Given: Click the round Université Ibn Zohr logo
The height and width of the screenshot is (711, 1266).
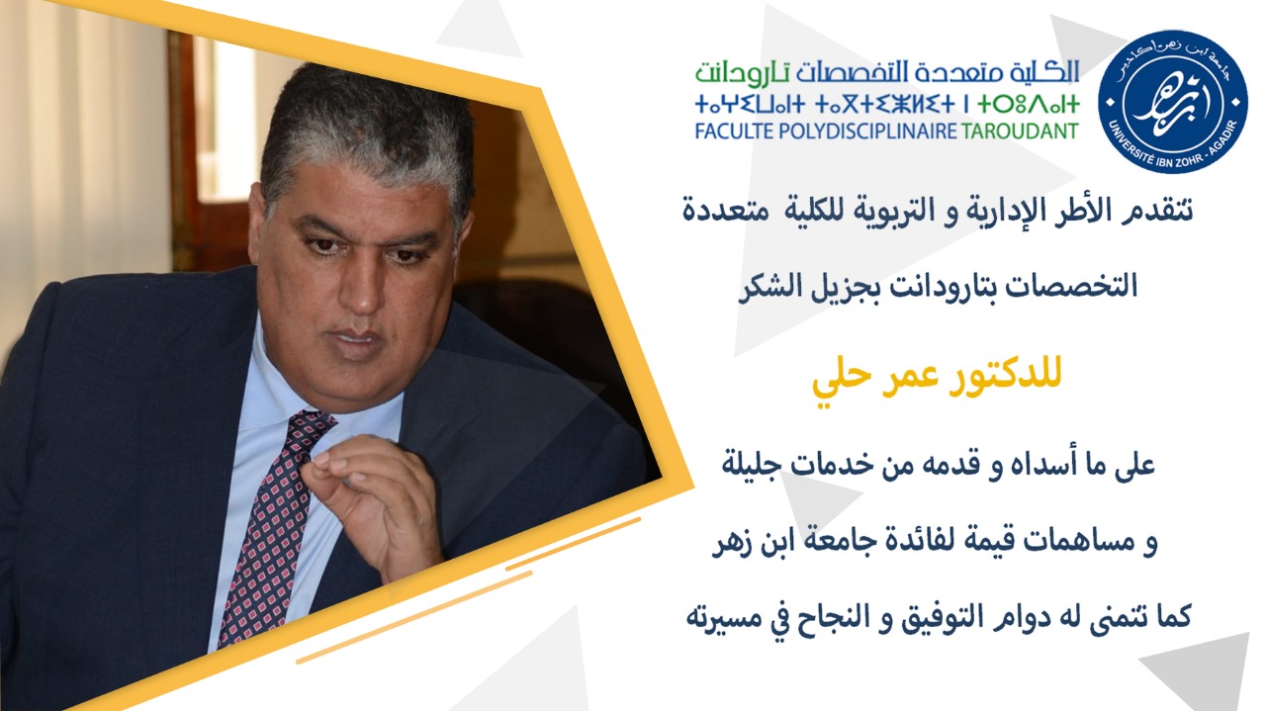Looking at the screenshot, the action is point(1173,102).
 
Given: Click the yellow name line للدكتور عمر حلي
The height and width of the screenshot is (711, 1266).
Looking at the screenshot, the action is point(937,377).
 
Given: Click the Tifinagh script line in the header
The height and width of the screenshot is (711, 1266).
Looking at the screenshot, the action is point(887,105).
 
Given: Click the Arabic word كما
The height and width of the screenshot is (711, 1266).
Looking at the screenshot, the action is point(1172,615).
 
